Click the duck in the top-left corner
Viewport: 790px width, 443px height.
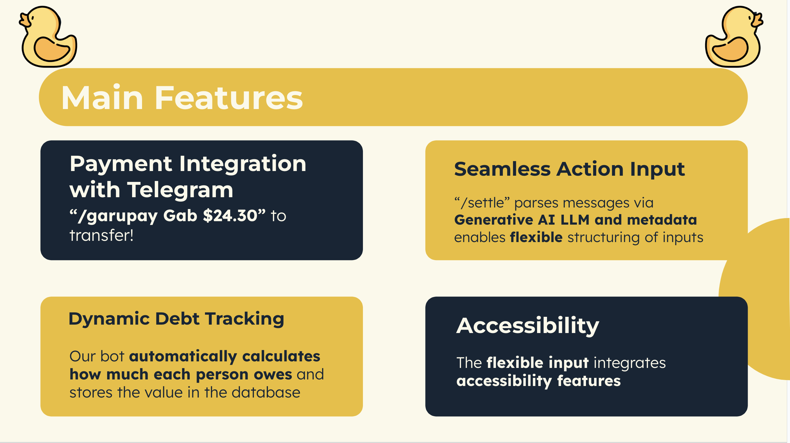point(49,36)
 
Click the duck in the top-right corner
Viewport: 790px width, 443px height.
point(734,36)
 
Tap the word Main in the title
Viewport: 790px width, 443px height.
point(102,98)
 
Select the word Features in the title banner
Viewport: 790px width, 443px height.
point(229,98)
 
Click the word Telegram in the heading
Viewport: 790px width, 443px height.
point(180,190)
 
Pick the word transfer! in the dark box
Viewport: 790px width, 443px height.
point(102,236)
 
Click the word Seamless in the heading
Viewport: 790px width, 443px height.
point(502,169)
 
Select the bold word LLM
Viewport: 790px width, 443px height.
point(575,220)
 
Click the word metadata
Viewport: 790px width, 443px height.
point(662,220)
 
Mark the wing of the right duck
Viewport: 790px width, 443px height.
point(730,49)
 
